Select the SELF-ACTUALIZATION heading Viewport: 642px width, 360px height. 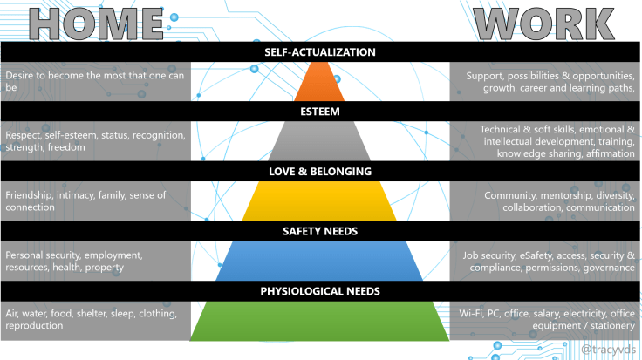(320, 52)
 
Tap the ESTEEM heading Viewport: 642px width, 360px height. (320, 112)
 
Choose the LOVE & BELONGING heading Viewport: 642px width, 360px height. (320, 172)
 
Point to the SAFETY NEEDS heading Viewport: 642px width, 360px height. (320, 231)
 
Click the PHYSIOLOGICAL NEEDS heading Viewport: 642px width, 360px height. (320, 290)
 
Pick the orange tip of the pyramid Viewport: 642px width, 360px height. (320, 85)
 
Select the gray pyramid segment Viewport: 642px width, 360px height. (320, 143)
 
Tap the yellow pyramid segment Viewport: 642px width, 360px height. (320, 202)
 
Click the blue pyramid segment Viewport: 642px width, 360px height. (320, 262)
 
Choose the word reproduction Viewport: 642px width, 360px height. (34, 325)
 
